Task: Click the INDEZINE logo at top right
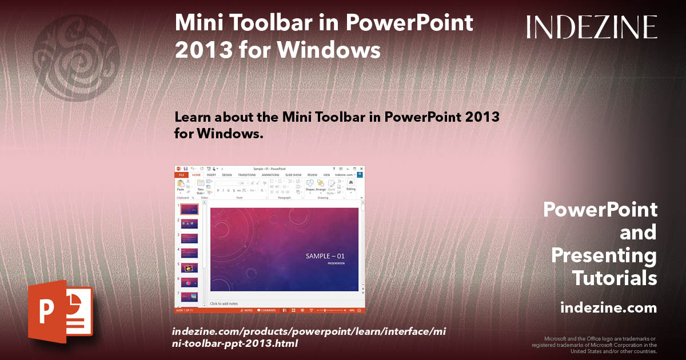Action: pyautogui.click(x=592, y=27)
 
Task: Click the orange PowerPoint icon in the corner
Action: pyautogui.click(x=60, y=311)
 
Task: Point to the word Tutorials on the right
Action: pyautogui.click(x=614, y=278)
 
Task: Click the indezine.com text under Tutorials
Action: pyautogui.click(x=608, y=308)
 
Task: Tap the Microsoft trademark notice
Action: pyautogui.click(x=594, y=345)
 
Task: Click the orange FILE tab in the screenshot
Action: pyautogui.click(x=181, y=175)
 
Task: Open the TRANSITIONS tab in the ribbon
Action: pyautogui.click(x=246, y=175)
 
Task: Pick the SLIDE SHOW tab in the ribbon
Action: pyautogui.click(x=293, y=175)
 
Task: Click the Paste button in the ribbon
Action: pyautogui.click(x=181, y=185)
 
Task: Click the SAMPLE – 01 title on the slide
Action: pyautogui.click(x=325, y=256)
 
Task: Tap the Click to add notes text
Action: pyautogui.click(x=224, y=303)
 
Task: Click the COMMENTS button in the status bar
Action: pyautogui.click(x=267, y=310)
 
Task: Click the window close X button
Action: pyautogui.click(x=361, y=169)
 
